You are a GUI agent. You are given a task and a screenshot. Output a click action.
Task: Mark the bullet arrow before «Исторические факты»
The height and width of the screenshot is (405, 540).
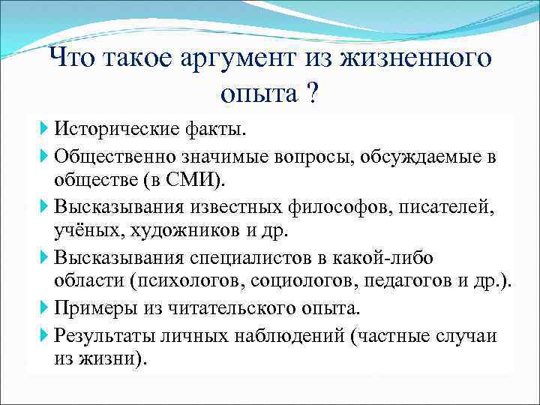[46, 130]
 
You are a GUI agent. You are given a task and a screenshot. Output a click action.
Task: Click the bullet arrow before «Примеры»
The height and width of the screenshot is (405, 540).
[46, 308]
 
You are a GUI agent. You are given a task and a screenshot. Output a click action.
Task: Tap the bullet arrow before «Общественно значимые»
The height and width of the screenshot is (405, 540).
[46, 156]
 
